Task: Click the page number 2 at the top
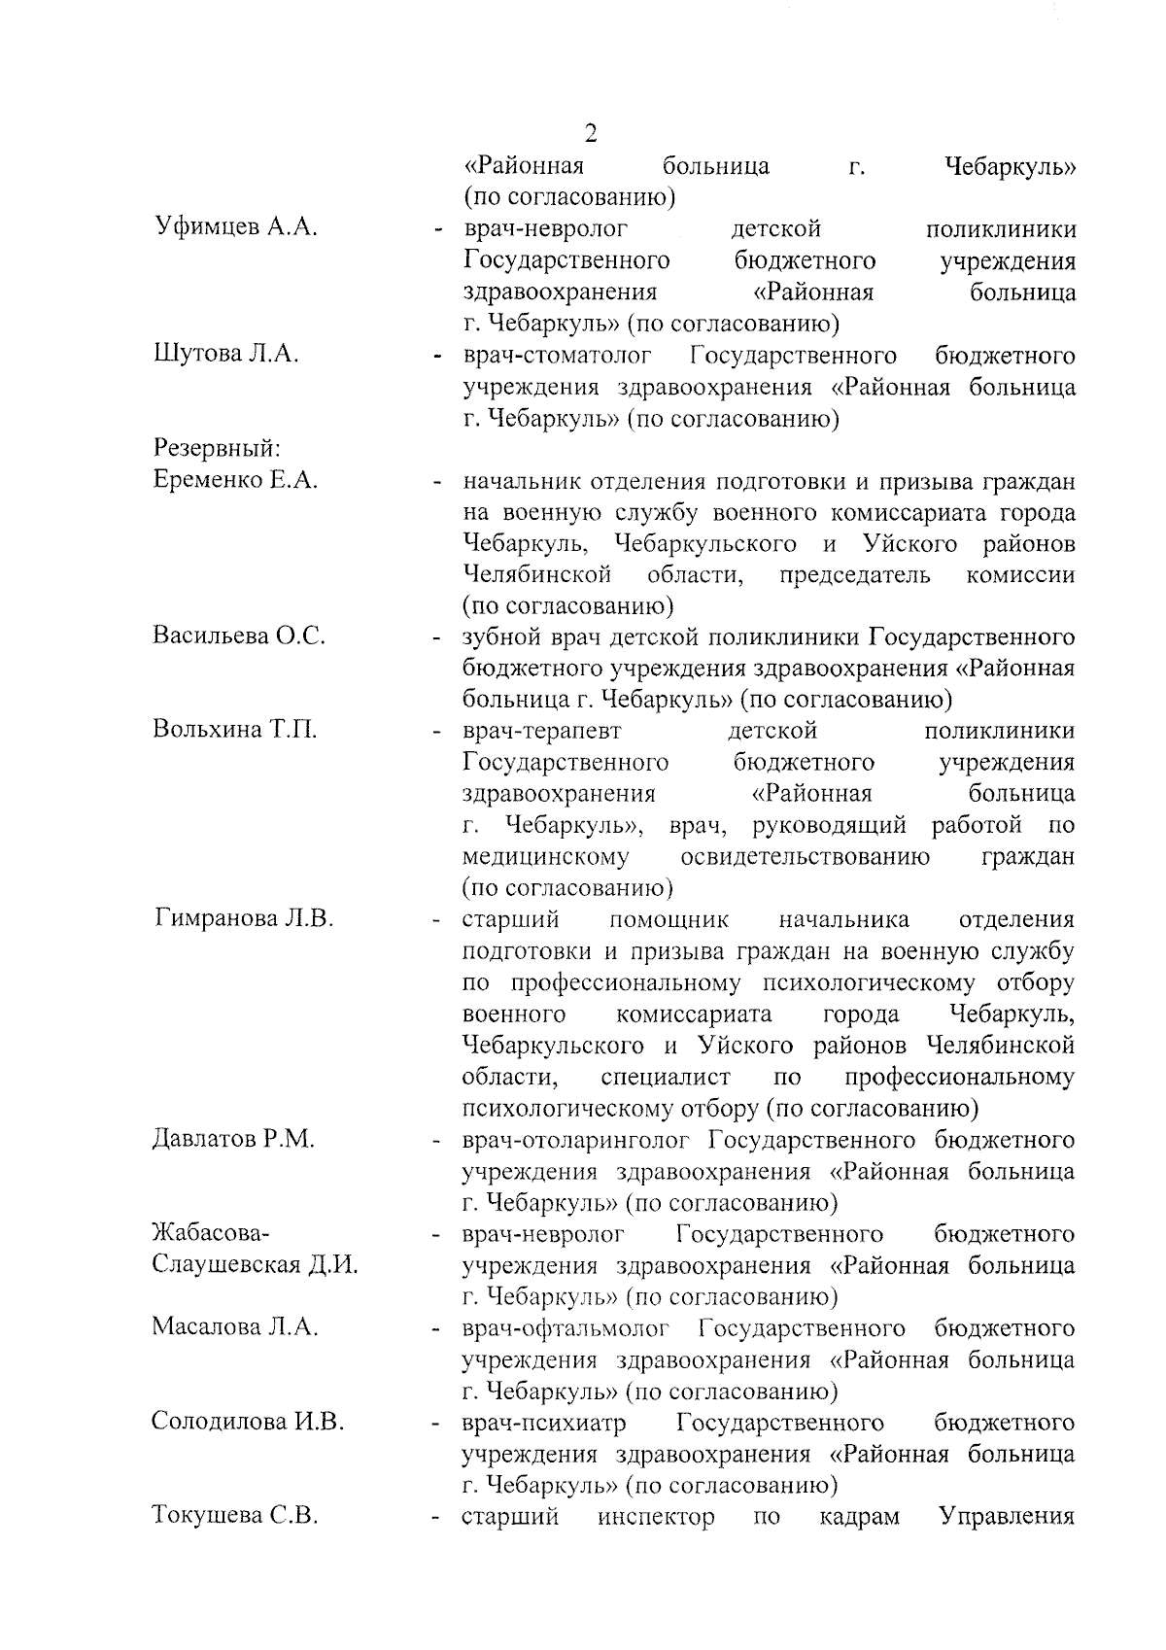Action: click(590, 133)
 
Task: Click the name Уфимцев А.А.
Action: click(237, 228)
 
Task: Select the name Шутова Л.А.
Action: click(226, 355)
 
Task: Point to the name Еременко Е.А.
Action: click(236, 480)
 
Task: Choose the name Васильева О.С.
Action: click(239, 636)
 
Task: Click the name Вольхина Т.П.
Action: click(235, 730)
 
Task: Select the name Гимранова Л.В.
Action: click(244, 918)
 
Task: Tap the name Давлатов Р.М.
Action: click(233, 1139)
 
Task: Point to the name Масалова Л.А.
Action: click(235, 1327)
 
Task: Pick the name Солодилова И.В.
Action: click(248, 1423)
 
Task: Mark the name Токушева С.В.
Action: click(235, 1516)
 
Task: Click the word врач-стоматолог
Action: click(558, 355)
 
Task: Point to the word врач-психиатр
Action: click(544, 1423)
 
